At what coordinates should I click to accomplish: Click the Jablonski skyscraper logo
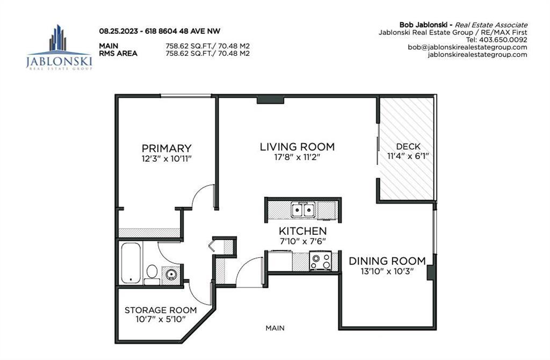(x=59, y=47)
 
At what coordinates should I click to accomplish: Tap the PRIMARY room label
(x=167, y=148)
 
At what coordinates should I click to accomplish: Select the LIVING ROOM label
(x=297, y=147)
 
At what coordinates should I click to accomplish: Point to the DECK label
(x=408, y=147)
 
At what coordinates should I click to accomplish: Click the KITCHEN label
(x=303, y=231)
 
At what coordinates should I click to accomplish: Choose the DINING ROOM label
(x=387, y=261)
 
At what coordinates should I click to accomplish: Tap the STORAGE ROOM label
(x=161, y=310)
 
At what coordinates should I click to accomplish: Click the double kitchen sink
(x=303, y=210)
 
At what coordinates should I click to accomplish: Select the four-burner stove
(x=320, y=261)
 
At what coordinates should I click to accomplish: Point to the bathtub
(x=131, y=263)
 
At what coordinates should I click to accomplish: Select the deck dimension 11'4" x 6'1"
(x=408, y=156)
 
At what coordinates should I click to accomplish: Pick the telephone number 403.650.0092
(x=503, y=40)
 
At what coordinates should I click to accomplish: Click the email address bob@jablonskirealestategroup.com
(x=467, y=47)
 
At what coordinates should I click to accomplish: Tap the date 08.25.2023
(x=118, y=31)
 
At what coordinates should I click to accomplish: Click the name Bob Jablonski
(x=425, y=25)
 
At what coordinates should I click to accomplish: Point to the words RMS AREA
(x=118, y=54)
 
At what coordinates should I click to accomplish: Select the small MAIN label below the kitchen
(x=275, y=328)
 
